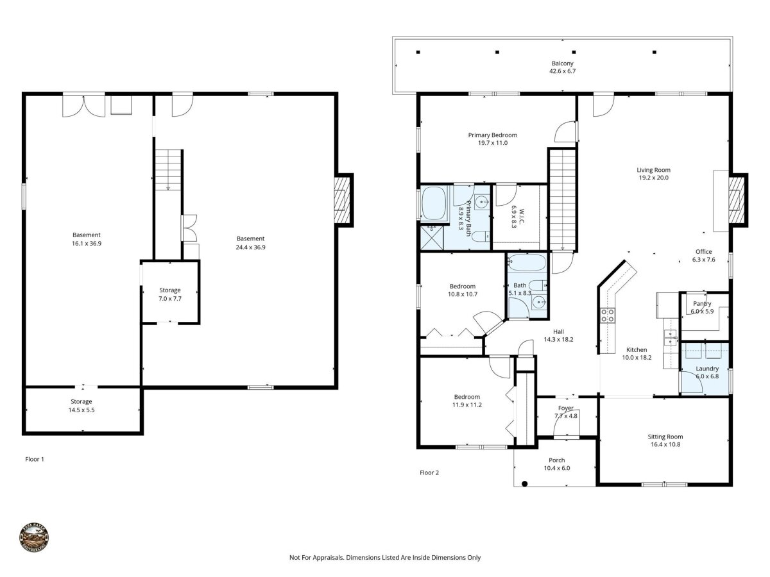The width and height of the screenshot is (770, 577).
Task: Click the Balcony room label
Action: coord(562,63)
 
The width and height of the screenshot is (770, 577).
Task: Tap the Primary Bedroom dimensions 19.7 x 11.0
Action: coord(493,142)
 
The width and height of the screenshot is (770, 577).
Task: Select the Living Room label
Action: coord(653,170)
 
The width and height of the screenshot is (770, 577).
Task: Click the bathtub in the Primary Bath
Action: coord(434,203)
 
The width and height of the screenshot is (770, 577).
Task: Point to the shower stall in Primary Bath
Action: coord(432,238)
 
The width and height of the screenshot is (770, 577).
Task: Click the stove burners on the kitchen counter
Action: coord(608,315)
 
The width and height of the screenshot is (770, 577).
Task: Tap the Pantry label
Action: coord(702,304)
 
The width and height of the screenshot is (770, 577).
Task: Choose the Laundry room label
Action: coord(707,369)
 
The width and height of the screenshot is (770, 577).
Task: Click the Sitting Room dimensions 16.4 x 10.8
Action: coord(665,444)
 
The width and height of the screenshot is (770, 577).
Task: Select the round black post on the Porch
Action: coord(524,484)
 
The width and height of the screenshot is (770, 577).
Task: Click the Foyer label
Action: coord(565,408)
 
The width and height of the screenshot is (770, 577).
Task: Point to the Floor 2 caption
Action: coord(429,472)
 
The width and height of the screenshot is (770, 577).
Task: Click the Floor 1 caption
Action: coord(35,459)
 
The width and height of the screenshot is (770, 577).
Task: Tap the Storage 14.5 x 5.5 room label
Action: coord(81,406)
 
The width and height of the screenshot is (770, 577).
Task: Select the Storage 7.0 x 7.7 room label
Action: coord(170,294)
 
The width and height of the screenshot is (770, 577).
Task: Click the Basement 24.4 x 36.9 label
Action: coord(250,243)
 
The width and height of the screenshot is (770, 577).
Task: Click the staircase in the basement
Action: coord(168,170)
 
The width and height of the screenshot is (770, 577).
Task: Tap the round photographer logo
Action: coord(34,537)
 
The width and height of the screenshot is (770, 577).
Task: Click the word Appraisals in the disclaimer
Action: coord(329,557)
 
